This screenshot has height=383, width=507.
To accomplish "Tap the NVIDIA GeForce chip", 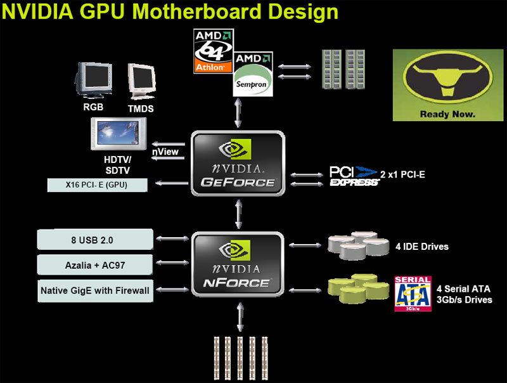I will pos(238,163).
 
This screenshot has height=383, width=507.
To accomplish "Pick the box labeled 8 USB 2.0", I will pos(95,240).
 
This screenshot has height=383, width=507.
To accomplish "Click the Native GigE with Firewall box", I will pos(95,290).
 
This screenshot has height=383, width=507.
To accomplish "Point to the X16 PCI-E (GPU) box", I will pos(98,185).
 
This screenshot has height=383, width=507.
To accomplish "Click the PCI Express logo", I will pos(354,176).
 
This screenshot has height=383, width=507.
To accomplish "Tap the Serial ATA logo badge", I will pos(413,294).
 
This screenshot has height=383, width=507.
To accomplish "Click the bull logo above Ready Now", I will pos(447,79).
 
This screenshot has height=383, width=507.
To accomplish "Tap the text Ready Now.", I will pos(447,115).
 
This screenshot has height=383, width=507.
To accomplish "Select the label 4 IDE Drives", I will pos(422,247).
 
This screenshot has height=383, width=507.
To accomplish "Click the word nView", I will pos(165,152).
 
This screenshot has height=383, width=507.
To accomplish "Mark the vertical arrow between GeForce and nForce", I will pos(238,214).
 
